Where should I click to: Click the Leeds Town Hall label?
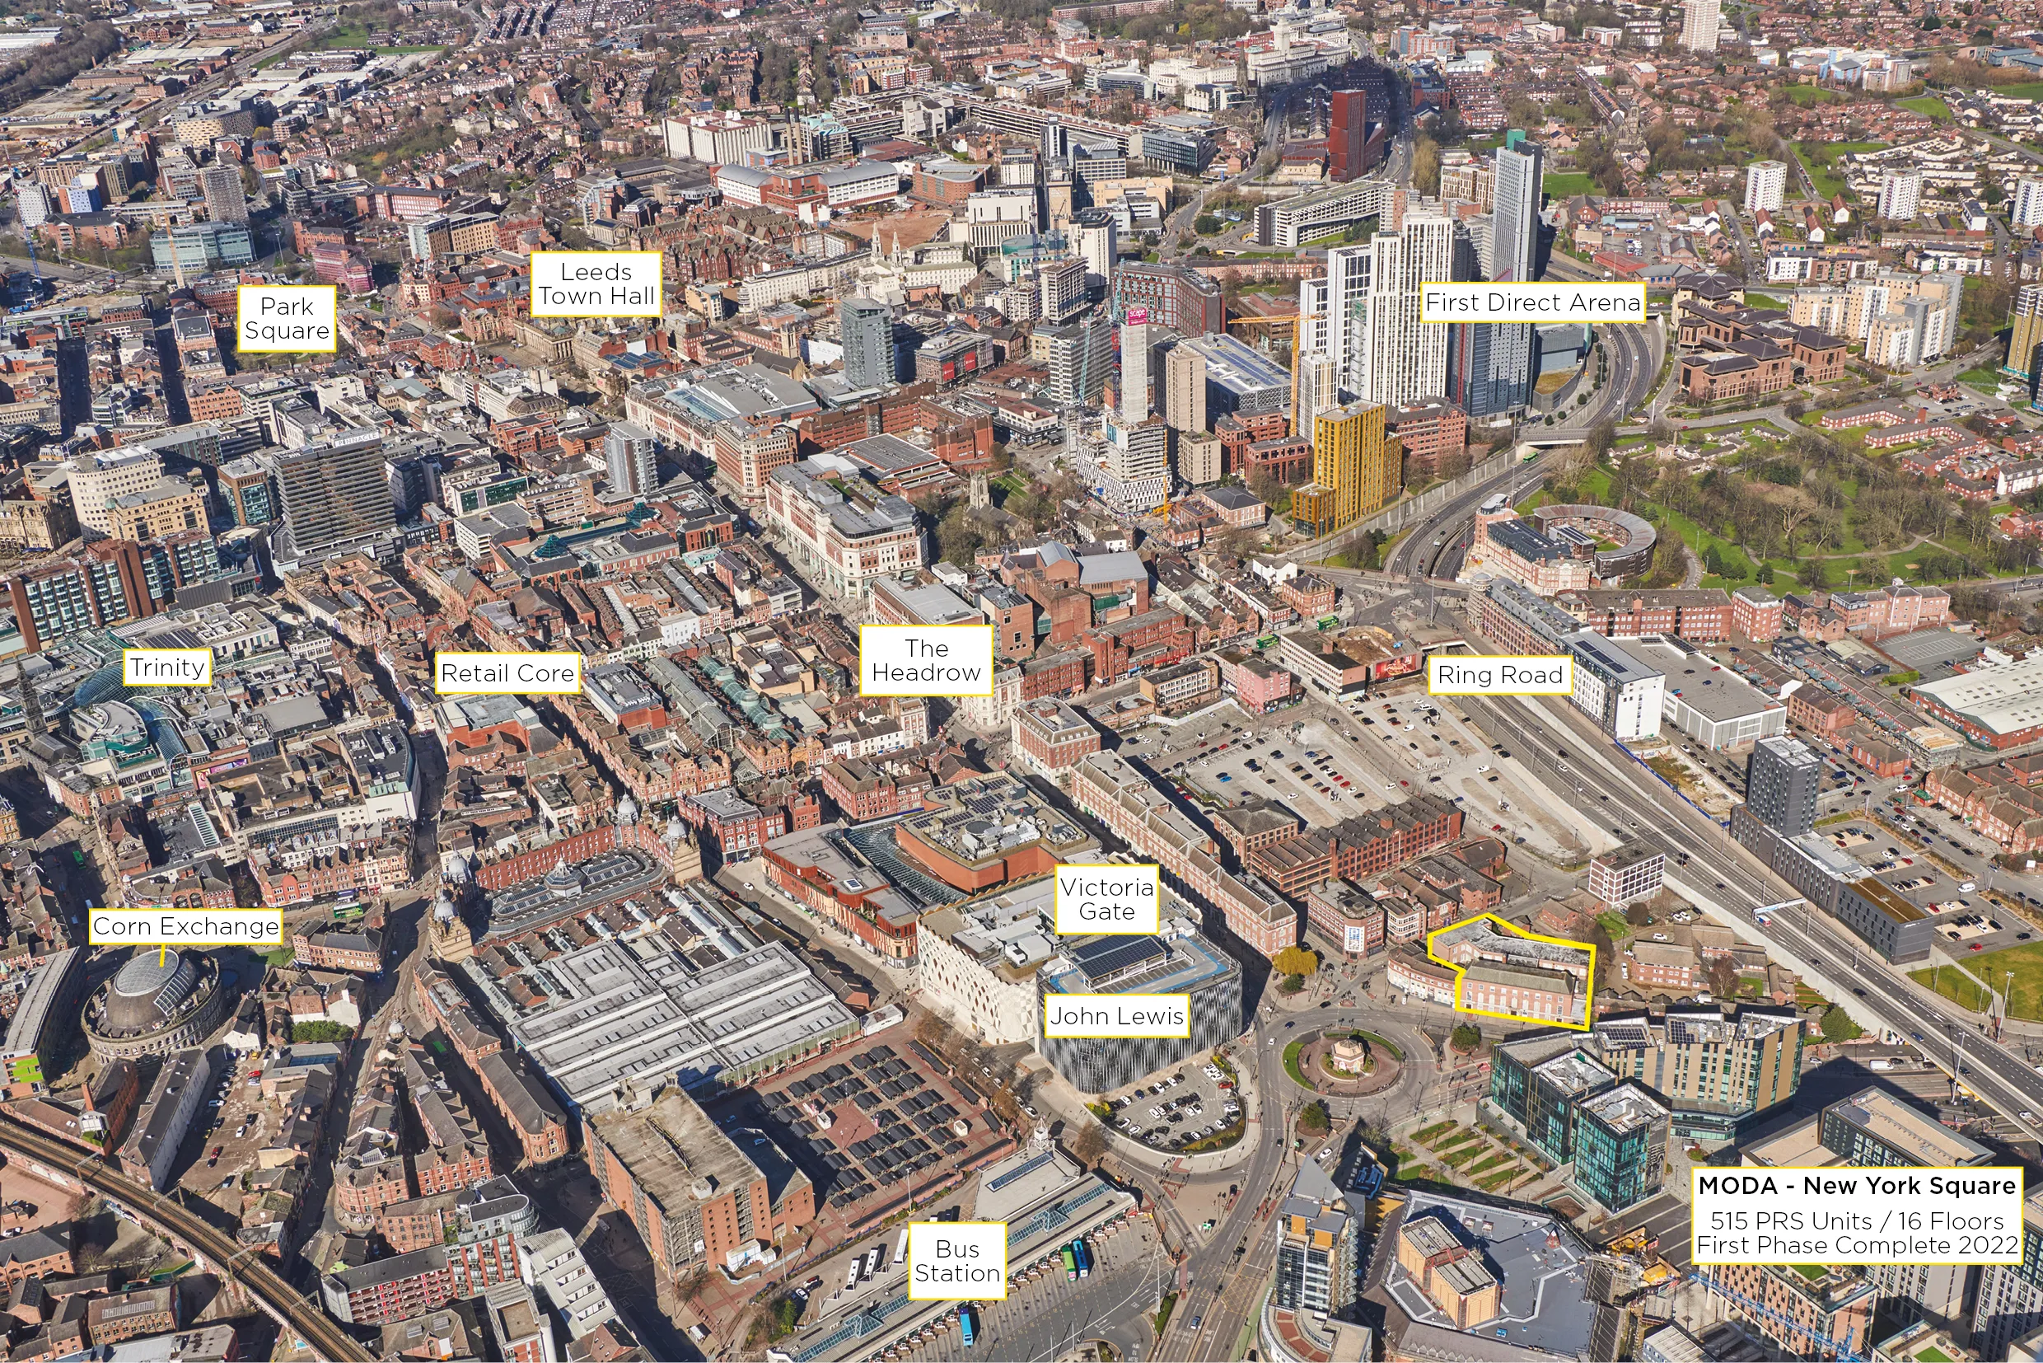click(x=596, y=284)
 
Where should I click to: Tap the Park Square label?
click(x=287, y=318)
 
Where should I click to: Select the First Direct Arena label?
click(x=1533, y=302)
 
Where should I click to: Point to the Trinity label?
click(x=167, y=667)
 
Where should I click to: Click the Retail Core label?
click(x=507, y=672)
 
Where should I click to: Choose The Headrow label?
click(x=925, y=661)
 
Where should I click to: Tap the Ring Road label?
click(x=1500, y=675)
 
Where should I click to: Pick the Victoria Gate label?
click(x=1106, y=900)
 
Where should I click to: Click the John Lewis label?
click(x=1117, y=1016)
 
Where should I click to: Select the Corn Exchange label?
click(x=186, y=926)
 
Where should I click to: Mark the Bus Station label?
click(x=957, y=1262)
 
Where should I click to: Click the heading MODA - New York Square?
click(x=1857, y=1186)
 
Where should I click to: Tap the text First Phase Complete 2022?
click(x=1857, y=1246)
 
